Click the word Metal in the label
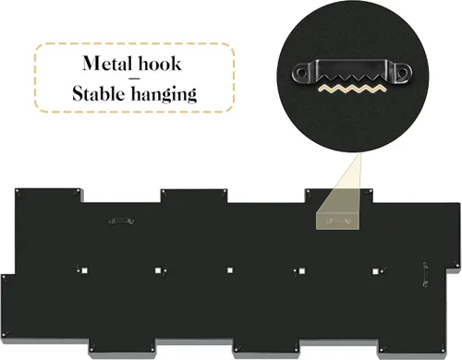(107, 64)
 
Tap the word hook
(160, 63)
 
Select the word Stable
(99, 93)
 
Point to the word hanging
(164, 94)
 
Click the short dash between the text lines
(135, 78)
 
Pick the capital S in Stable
(77, 93)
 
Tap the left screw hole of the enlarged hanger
(301, 73)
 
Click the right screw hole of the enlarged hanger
(402, 73)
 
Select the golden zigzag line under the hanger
(352, 89)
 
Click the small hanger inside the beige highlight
(338, 221)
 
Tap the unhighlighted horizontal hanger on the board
(121, 221)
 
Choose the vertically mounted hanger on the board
(425, 275)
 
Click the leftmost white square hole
(84, 270)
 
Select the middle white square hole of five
(230, 270)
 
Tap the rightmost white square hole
(375, 271)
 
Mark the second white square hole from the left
(158, 270)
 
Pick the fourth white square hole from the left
(302, 270)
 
